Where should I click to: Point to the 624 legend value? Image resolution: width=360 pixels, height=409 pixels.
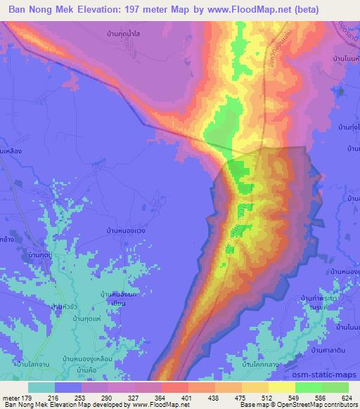pyautogui.click(x=345, y=398)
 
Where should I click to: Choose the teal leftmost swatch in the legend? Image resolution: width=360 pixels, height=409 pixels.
pyautogui.click(x=41, y=387)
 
